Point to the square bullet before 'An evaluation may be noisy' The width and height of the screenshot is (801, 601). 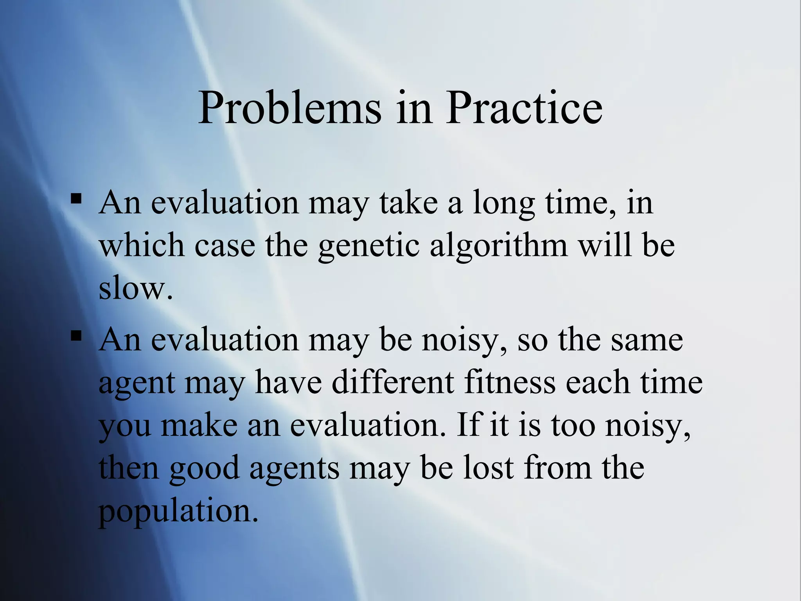[76, 335]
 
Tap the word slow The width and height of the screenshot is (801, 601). [135, 289]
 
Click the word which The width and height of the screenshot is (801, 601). [142, 246]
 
